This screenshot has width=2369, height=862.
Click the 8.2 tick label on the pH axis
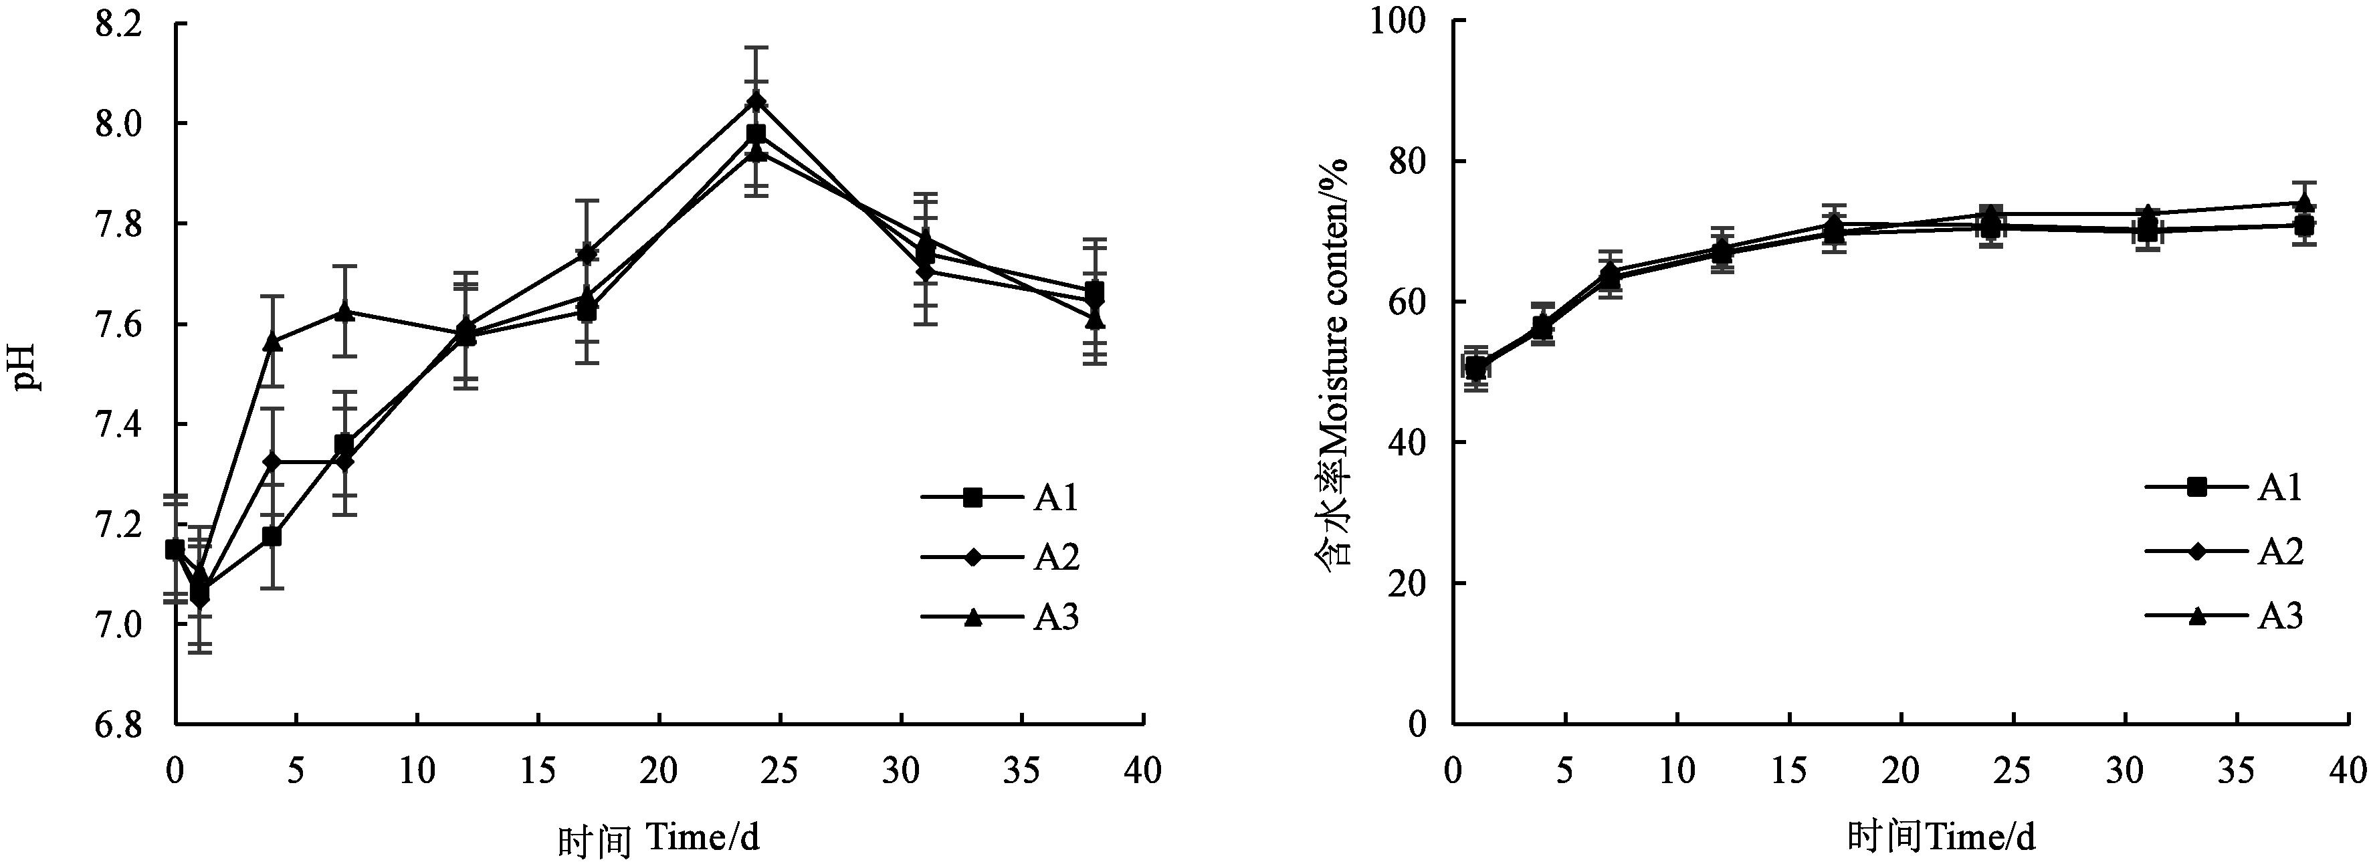(x=118, y=25)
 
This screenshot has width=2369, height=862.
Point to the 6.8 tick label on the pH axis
(x=118, y=725)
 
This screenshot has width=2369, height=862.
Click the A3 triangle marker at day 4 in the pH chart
(x=272, y=341)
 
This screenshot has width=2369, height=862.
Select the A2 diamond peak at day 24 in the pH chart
(x=756, y=100)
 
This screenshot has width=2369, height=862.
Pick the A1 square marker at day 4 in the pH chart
(x=272, y=536)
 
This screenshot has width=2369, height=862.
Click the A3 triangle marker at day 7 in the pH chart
(x=345, y=311)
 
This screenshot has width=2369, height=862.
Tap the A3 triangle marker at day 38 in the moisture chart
(x=2303, y=203)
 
